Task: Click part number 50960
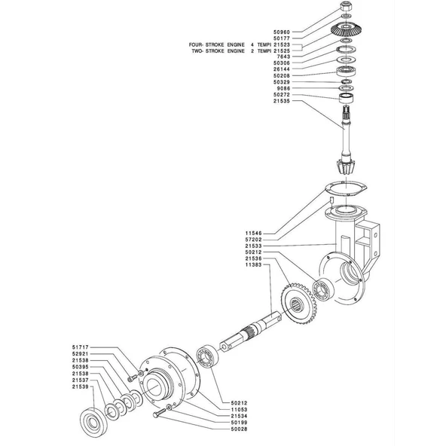(x=282, y=32)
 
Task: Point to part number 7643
(x=283, y=57)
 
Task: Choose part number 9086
(x=283, y=88)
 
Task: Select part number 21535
(x=282, y=101)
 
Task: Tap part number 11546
(x=253, y=234)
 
